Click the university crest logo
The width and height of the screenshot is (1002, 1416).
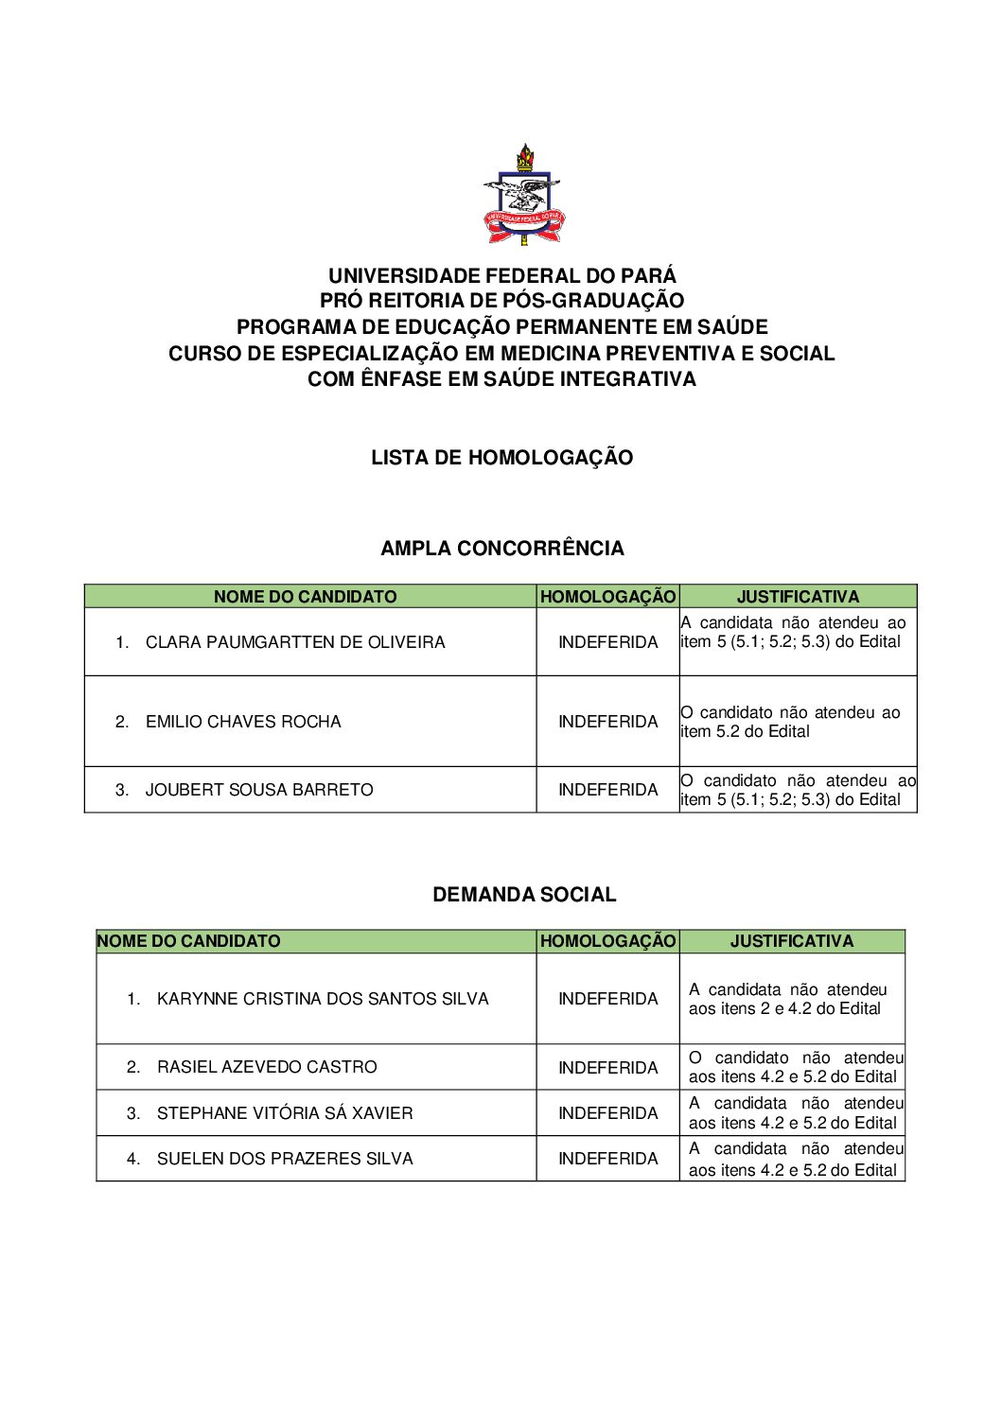(523, 195)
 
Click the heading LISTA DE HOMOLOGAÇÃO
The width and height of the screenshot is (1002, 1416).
(501, 458)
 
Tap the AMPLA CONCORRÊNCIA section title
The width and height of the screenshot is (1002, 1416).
(501, 549)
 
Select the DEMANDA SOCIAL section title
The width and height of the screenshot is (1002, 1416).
(524, 895)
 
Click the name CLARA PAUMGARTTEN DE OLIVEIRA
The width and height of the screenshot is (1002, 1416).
(294, 642)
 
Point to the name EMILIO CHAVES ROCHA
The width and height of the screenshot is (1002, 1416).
(243, 722)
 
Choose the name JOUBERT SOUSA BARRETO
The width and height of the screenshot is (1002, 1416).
(259, 790)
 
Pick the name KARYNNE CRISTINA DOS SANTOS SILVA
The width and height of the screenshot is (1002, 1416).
(323, 999)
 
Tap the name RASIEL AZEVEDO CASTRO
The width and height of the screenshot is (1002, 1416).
(267, 1067)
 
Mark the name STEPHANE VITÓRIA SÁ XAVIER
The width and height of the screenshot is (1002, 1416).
(285, 1113)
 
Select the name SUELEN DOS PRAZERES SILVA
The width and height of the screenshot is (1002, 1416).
(285, 1159)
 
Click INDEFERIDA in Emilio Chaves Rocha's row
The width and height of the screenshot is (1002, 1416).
(607, 722)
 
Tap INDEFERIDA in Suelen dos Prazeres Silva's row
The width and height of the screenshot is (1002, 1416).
(607, 1159)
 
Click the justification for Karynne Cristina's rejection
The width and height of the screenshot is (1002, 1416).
(787, 999)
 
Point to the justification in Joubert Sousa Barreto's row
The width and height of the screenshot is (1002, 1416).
(798, 790)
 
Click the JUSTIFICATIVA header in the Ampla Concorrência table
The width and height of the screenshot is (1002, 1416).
(798, 597)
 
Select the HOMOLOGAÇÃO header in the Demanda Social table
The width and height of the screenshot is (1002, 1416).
(607, 941)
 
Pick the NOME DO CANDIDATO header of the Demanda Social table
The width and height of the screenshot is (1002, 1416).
(188, 941)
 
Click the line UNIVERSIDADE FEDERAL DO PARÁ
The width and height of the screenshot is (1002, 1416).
(501, 276)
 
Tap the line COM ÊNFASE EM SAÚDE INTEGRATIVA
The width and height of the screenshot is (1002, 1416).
(501, 379)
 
